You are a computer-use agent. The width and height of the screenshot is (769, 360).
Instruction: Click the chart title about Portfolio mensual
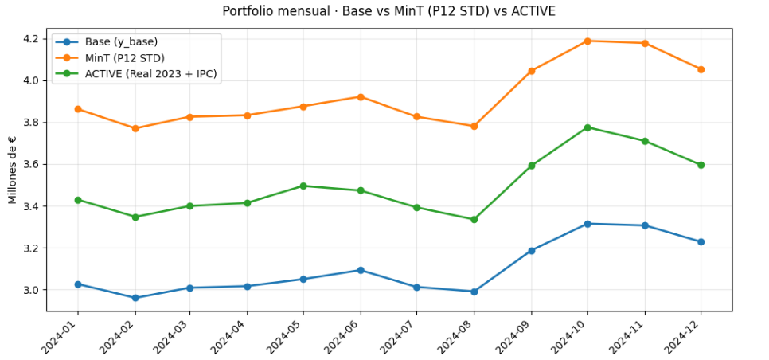[388, 11]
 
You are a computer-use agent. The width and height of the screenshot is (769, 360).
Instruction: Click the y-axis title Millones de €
[12, 170]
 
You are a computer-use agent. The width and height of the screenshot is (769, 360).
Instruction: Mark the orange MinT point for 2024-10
[587, 41]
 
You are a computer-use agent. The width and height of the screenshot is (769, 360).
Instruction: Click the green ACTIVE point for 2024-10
[587, 127]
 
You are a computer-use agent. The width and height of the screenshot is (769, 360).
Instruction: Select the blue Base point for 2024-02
[135, 298]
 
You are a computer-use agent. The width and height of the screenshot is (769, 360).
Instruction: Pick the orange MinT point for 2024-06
[361, 96]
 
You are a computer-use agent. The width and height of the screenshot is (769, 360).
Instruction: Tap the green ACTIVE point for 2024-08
[474, 219]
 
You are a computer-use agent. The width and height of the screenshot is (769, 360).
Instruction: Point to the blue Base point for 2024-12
[701, 241]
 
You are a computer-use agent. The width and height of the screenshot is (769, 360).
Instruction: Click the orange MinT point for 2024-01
[78, 108]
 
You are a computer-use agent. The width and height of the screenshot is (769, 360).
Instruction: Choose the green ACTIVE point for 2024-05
[304, 186]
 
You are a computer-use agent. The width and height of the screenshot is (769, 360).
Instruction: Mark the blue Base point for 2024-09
[531, 250]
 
